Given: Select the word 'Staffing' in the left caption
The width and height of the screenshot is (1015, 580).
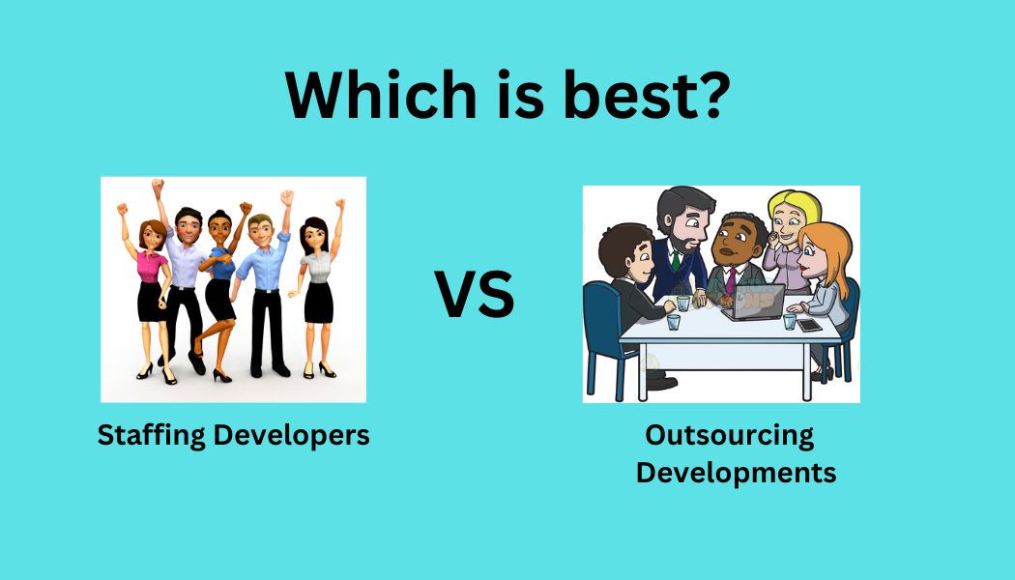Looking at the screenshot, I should tap(152, 435).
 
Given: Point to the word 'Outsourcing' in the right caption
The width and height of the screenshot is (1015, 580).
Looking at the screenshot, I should tap(729, 435).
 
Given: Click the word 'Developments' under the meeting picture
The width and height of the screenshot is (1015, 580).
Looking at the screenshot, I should tap(736, 473).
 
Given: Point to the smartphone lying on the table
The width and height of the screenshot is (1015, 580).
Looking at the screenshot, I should tap(809, 326).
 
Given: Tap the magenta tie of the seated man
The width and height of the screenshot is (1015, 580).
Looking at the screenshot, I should tap(732, 280).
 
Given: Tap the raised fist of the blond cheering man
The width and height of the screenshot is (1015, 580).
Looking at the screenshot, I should tap(286, 197).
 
